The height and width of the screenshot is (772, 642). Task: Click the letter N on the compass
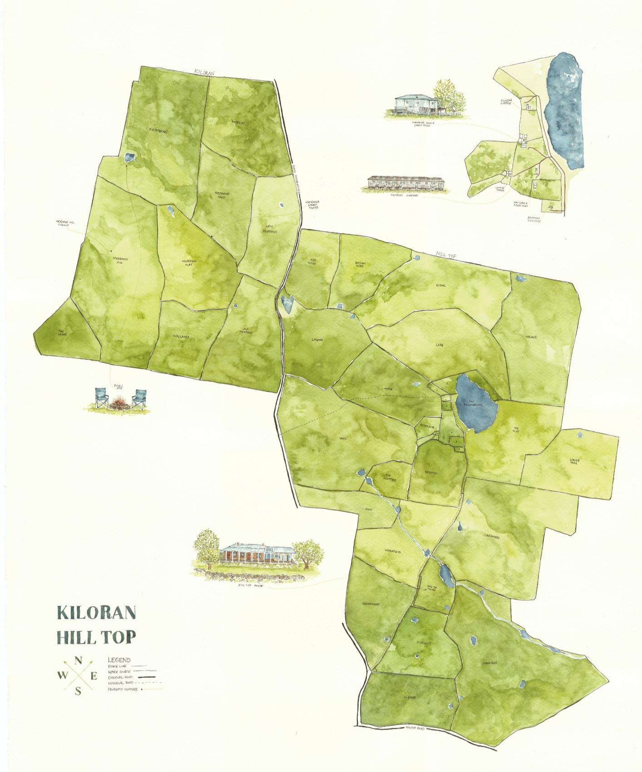click(78, 661)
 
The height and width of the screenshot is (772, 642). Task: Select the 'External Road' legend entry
click(121, 677)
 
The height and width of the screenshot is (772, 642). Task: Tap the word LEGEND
click(119, 660)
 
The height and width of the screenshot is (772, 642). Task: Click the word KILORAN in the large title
click(96, 613)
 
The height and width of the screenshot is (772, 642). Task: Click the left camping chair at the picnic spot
click(102, 398)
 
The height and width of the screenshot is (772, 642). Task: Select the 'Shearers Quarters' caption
click(404, 195)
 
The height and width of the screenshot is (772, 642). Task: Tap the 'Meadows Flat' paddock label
click(189, 262)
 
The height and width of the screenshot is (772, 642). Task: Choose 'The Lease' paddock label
click(62, 333)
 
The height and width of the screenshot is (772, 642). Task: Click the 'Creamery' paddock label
click(492, 537)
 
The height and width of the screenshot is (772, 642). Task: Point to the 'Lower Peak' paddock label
click(574, 461)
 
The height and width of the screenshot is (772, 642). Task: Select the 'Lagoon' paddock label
click(317, 340)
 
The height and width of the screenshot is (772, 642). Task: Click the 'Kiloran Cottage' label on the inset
click(506, 102)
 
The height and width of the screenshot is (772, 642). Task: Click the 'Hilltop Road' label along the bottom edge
click(415, 728)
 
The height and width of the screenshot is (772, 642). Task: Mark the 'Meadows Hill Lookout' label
click(65, 223)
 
